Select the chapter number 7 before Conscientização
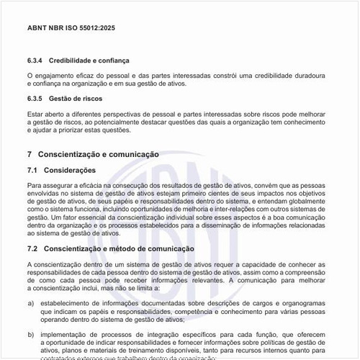[x=30, y=155]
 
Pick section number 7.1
[x=32, y=171]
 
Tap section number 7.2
[x=32, y=248]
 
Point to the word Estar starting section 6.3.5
[x=35, y=113]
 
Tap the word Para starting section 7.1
[x=35, y=186]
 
